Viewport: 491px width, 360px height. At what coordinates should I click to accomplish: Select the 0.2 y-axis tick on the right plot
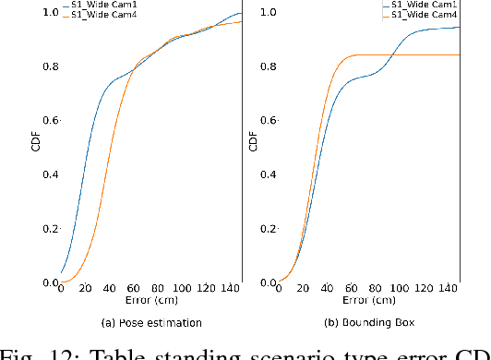pos(267,229)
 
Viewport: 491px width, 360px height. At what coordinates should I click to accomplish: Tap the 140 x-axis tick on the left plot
pos(231,288)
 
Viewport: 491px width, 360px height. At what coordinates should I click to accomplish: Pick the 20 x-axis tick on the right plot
pos(305,288)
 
